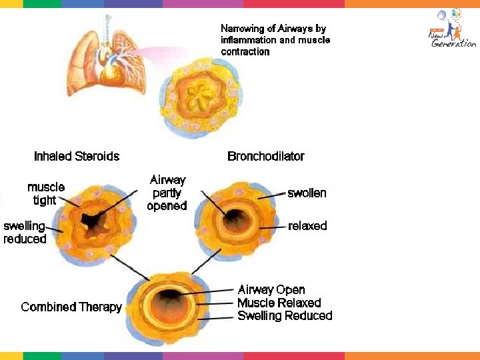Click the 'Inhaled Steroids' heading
pyautogui.click(x=77, y=157)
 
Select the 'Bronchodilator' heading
pyautogui.click(x=265, y=157)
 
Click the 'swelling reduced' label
pyautogui.click(x=25, y=233)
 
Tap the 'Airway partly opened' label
pyautogui.click(x=167, y=193)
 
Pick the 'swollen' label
pyautogui.click(x=307, y=193)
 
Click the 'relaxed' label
pyautogui.click(x=307, y=226)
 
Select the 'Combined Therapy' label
pyautogui.click(x=71, y=307)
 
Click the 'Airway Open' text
pyautogui.click(x=271, y=290)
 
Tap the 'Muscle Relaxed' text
pyautogui.click(x=279, y=303)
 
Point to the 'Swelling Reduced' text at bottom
pyautogui.click(x=285, y=316)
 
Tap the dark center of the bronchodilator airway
pyautogui.click(x=235, y=217)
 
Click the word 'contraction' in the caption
pyautogui.click(x=245, y=52)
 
